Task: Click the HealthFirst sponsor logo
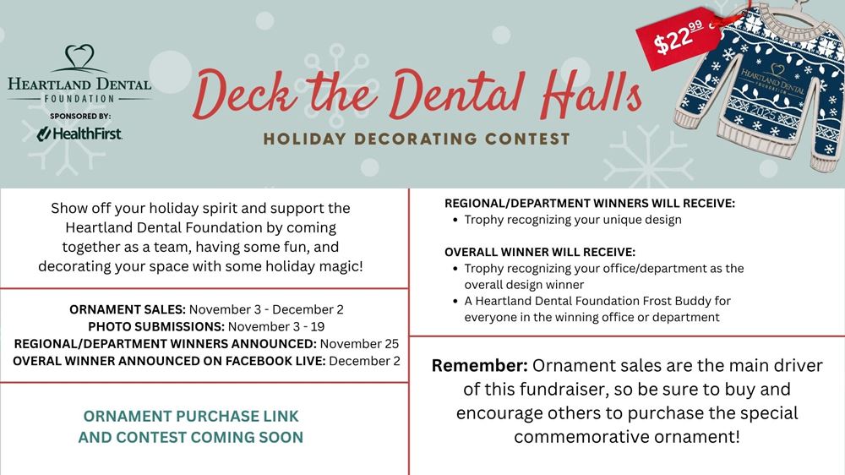point(79,134)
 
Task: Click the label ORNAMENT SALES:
point(128,309)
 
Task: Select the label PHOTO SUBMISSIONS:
point(156,327)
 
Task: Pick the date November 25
point(359,344)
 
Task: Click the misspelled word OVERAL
point(35,361)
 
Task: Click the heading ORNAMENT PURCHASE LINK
point(191,416)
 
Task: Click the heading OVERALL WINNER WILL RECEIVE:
point(540,253)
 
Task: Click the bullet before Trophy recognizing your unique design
point(455,220)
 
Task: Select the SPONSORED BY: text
point(80,117)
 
